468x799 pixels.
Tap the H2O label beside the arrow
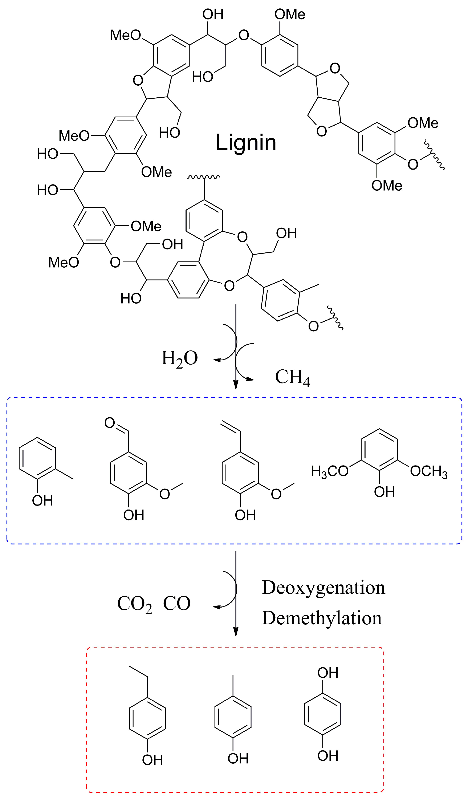179,359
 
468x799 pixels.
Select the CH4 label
292,377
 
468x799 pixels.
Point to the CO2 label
134,604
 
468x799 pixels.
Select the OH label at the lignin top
213,14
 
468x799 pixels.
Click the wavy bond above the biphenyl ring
204,177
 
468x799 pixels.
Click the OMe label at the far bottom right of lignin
387,186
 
